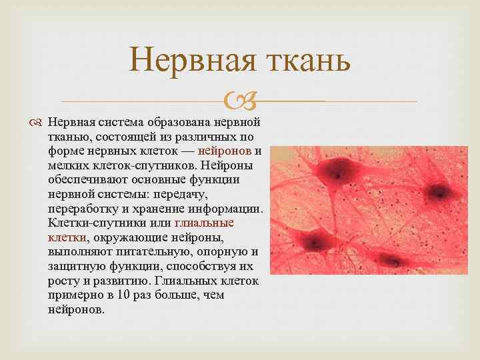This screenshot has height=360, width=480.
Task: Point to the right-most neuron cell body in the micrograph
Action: [439, 192]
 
